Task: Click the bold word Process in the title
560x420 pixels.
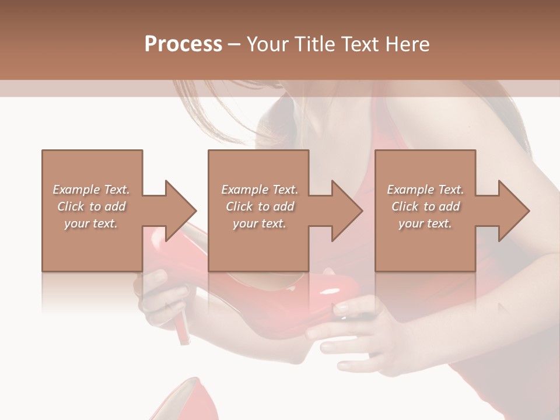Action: click(x=183, y=44)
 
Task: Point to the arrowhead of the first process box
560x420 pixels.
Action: click(x=181, y=211)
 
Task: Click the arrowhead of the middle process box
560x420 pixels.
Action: click(x=348, y=211)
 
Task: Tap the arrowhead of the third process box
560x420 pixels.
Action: click(x=514, y=211)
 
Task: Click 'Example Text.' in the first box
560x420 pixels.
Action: click(x=91, y=190)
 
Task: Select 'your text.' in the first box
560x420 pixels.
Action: click(x=91, y=223)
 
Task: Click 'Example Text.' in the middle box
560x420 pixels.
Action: click(x=260, y=190)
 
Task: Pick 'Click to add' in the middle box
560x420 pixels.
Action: click(x=260, y=206)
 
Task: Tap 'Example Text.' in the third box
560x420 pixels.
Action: click(x=425, y=190)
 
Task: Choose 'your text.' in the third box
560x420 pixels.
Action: click(x=425, y=223)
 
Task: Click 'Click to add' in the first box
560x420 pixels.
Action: click(x=91, y=206)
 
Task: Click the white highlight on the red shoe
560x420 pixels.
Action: click(x=333, y=290)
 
